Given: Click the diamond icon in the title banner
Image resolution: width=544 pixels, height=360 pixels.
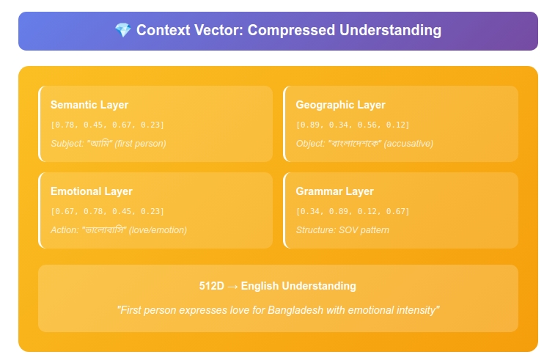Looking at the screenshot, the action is coord(123,30).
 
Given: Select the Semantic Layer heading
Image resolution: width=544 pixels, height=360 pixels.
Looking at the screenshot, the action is coord(89,105).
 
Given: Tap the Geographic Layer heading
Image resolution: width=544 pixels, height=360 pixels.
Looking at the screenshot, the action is coord(340,105).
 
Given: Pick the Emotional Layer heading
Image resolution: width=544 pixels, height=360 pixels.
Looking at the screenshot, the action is coord(92,191).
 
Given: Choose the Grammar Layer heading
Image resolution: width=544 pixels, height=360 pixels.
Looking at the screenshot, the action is coord(334,191).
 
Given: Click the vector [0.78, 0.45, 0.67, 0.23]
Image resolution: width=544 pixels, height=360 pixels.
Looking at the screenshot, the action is coord(108,125).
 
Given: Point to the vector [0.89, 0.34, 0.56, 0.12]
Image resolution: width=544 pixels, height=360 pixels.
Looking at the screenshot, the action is coord(353,125).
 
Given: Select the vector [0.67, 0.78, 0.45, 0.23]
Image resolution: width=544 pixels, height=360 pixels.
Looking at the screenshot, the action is coord(108,211).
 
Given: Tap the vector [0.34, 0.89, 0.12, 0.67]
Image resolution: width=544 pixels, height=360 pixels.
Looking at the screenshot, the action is coord(353,211).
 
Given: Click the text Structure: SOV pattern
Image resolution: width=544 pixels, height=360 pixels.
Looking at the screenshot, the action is coord(342,230).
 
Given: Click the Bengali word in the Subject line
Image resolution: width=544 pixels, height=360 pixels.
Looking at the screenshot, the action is coord(100,143).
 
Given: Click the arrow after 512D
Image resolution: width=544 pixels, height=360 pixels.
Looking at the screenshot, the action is coord(233,286).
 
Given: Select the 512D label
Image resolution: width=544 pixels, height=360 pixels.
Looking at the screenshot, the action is coord(212,286).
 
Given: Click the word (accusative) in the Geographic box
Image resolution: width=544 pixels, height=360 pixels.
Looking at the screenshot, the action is coord(408,143).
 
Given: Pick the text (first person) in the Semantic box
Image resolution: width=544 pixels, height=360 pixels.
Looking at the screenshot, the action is coord(141,143).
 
